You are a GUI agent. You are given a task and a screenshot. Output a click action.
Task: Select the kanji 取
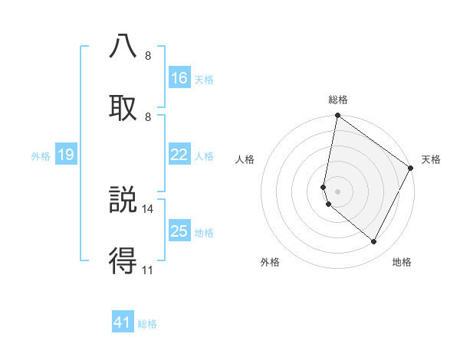[x=123, y=106]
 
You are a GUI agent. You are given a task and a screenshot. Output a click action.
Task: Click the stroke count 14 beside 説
[x=148, y=208]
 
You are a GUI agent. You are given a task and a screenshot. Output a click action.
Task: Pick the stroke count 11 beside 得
[x=147, y=270]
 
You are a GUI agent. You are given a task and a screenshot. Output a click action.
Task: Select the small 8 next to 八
[x=148, y=56]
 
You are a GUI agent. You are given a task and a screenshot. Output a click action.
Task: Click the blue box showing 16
[x=179, y=78]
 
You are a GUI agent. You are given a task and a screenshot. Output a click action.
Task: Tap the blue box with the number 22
[x=179, y=155]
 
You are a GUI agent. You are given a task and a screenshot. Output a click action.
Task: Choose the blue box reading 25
[x=179, y=231]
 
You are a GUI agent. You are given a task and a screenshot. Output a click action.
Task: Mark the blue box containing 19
[x=66, y=155]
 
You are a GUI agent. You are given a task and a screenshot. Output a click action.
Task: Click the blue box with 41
[x=123, y=323]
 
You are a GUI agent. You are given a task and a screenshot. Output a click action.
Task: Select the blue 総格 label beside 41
[x=147, y=324]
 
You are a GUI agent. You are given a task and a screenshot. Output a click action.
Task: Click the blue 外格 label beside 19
[x=41, y=156]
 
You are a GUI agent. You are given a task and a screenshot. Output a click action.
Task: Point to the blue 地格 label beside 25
[x=204, y=232]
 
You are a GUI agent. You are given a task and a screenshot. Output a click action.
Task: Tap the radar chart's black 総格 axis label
[x=338, y=100]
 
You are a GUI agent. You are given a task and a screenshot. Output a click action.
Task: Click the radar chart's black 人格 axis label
[x=245, y=159]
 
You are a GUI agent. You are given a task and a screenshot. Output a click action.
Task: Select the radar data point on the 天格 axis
[x=411, y=169]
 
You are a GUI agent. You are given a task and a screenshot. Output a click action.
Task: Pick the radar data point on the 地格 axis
[x=374, y=242]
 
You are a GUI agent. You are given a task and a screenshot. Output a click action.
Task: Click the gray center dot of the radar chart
[x=338, y=191]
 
